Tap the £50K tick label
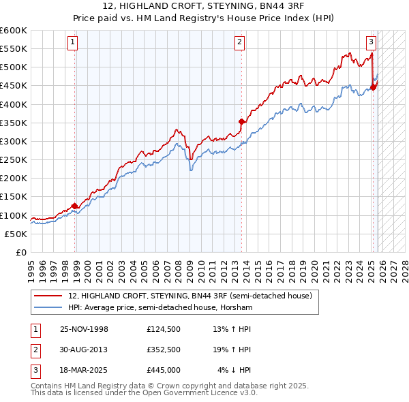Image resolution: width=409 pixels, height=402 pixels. [16, 234]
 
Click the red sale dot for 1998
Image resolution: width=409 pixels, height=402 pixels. [75, 206]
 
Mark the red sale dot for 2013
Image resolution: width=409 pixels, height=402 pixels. [241, 122]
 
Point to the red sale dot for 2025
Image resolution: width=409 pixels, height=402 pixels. [374, 87]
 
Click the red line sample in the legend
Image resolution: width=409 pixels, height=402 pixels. [48, 296]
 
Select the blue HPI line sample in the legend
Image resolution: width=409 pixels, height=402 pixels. [48, 308]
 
